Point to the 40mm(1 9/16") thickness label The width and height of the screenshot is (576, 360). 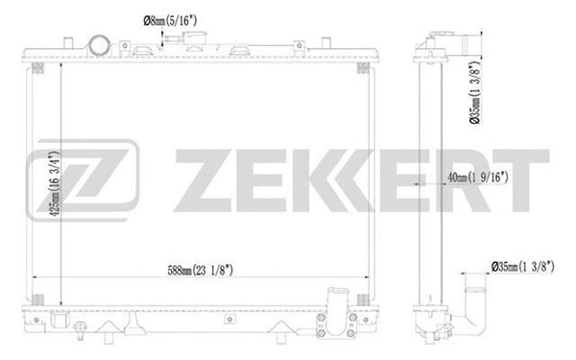(476, 177)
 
